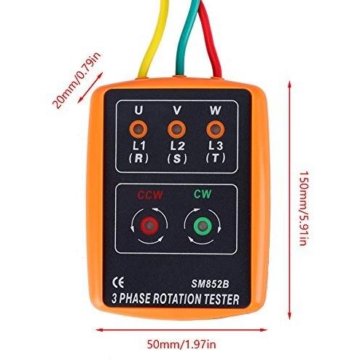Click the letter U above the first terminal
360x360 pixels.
pos(138,110)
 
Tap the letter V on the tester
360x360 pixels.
pos(177,110)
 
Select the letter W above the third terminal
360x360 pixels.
pos(215,110)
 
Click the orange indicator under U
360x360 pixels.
pos(138,129)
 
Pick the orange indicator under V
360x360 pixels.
pos(177,129)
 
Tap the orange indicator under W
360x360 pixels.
pos(215,129)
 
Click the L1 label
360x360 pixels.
pos(139,146)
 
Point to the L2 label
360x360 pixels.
pos(178,146)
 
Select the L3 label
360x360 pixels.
pos(216,146)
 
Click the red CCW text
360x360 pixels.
pos(150,195)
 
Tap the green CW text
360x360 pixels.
pos(203,194)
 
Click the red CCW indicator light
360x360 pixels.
pos(149,226)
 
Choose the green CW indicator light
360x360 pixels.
pos(203,226)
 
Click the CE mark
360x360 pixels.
pos(118,283)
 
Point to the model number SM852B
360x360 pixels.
pos(210,284)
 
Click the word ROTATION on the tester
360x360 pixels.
pos(177,299)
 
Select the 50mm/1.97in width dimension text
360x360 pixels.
pos(181,345)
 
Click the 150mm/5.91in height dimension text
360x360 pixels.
pos(304,208)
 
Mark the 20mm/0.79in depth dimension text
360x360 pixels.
pos(77,80)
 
